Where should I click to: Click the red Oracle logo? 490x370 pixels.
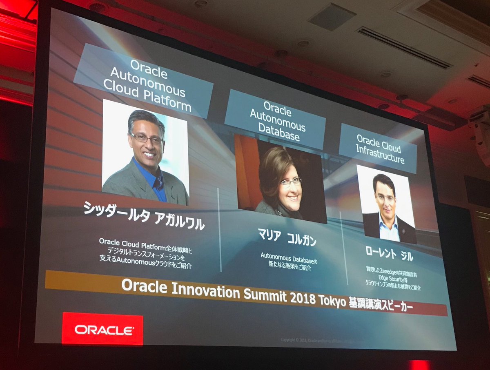(x=102, y=329)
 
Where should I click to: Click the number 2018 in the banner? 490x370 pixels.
(x=302, y=298)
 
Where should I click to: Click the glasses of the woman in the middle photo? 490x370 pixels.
(x=291, y=182)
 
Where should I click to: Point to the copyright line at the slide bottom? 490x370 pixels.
(x=314, y=340)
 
